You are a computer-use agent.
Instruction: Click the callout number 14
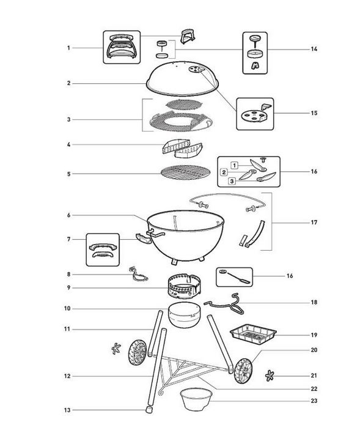point(314,49)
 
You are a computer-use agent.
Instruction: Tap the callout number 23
point(314,401)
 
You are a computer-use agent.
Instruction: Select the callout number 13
point(67,410)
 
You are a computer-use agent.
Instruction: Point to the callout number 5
point(69,174)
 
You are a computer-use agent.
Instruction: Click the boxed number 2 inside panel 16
point(224,172)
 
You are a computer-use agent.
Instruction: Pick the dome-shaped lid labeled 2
point(182,78)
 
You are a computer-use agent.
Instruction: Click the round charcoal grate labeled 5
point(186,172)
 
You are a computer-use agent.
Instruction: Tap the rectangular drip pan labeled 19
point(253,335)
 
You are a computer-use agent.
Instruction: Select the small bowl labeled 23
point(196,399)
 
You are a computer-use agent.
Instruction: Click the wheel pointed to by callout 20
point(243,371)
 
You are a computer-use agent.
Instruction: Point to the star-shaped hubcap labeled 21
point(270,376)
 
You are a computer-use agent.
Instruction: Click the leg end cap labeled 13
point(149,410)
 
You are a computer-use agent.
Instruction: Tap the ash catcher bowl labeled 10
point(185,314)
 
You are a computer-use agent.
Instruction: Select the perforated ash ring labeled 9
point(185,286)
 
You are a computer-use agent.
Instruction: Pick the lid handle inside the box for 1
point(122,46)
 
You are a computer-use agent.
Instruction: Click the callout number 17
point(314,223)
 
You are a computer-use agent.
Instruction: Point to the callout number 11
point(67,329)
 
